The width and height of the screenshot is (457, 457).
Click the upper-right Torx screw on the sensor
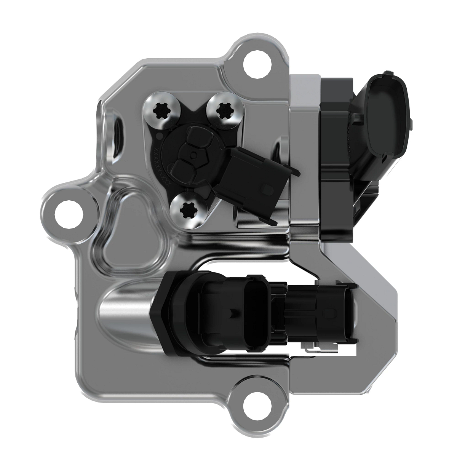coord(221,111)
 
